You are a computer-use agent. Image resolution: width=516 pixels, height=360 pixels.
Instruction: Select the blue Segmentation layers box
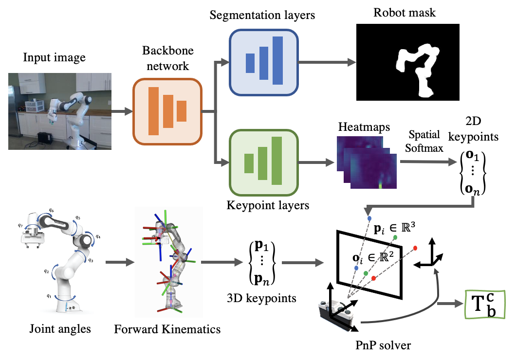tap(263, 62)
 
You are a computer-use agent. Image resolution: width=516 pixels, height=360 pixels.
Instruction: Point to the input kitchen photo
tap(59, 111)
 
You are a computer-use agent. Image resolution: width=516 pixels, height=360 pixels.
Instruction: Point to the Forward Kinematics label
tap(167, 329)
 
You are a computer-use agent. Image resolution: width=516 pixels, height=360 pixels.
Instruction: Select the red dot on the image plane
tap(373, 278)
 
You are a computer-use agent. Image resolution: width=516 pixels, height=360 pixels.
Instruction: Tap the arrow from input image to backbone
tap(122, 111)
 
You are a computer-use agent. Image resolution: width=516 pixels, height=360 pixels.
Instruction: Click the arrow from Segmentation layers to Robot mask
tap(325, 62)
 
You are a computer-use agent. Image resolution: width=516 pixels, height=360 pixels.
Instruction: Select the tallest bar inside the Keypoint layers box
tap(277, 161)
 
